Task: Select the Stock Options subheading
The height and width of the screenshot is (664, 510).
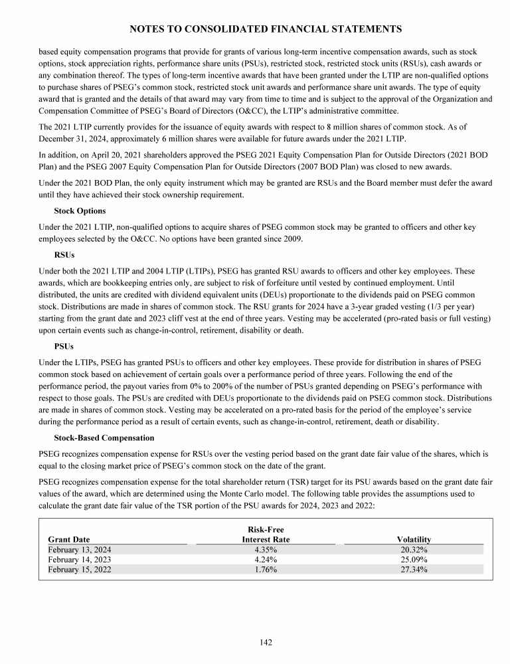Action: tap(79, 210)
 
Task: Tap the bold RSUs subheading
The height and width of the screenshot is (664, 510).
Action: tap(64, 254)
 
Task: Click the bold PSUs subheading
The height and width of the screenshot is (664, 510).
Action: tap(64, 346)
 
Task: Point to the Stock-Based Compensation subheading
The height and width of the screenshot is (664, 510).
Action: tap(104, 438)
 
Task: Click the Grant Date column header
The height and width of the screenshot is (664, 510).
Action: tap(69, 540)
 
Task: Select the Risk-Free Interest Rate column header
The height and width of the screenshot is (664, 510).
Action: tap(266, 535)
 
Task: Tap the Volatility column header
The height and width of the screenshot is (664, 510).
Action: tap(414, 540)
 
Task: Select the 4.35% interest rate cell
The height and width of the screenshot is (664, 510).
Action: tap(266, 550)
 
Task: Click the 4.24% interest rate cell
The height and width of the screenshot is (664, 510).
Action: tap(266, 560)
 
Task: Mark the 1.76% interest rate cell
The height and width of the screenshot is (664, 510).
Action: tap(266, 570)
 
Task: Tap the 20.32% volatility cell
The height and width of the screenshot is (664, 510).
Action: tap(414, 550)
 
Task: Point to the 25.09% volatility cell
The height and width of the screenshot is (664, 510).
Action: tap(414, 560)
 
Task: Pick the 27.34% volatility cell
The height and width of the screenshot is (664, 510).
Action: tap(414, 570)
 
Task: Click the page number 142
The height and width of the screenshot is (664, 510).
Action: tap(266, 642)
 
